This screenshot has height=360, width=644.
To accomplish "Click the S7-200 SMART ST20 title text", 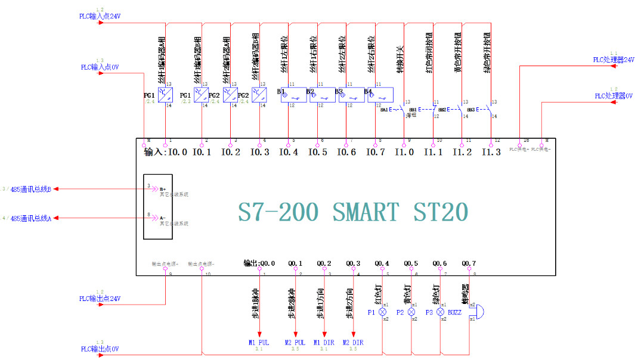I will pos(353,212).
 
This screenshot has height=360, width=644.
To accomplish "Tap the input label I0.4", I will pos(289,153).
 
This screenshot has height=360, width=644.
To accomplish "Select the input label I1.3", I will pos(491,153).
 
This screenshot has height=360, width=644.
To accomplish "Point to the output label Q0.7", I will pos(469,263).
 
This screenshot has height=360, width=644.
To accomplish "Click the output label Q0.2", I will pos(324,263).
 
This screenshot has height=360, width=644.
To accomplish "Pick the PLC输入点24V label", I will pos(100,17).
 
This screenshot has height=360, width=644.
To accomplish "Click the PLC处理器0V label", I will pos(614,96).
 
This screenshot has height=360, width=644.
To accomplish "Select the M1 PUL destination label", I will pos(259,343).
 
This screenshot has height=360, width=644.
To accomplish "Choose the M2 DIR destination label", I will pos(354,343).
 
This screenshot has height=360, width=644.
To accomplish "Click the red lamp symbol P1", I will pos(382,312).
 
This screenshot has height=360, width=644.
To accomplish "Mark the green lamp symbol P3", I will pos(440,312).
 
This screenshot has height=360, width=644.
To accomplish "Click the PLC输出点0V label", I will pos(100,349).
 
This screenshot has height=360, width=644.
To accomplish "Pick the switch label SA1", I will pos(385,110).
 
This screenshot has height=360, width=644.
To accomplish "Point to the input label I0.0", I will pos(178,153).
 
